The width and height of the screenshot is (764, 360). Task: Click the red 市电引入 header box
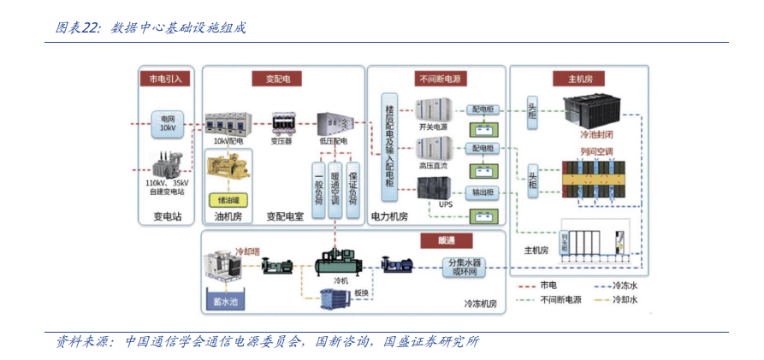(x=165, y=78)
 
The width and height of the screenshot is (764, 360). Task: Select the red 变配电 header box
(x=276, y=78)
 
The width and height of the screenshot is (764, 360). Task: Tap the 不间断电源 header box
(x=440, y=78)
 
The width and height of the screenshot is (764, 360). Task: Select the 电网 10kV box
(x=167, y=123)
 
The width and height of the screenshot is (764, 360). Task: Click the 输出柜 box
(x=481, y=192)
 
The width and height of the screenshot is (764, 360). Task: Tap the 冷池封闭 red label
(x=596, y=134)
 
